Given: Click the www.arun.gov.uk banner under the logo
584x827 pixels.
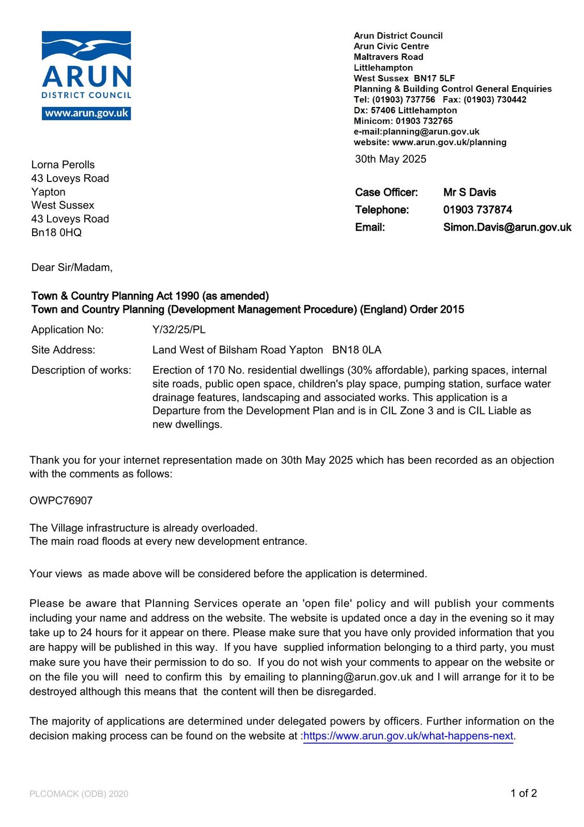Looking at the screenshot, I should click(86, 113).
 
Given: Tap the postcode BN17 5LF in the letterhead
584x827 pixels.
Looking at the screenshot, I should click(434, 78).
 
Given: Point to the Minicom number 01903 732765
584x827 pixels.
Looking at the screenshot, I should click(424, 121).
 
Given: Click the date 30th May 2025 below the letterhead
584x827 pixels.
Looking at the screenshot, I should click(390, 159).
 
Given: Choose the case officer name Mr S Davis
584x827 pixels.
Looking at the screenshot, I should click(469, 192).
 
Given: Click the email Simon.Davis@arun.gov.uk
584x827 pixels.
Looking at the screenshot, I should click(507, 227).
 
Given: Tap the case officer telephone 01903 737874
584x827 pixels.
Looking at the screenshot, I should click(478, 210).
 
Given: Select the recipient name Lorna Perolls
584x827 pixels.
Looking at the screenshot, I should click(63, 165).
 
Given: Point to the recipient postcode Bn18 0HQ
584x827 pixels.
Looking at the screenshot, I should click(56, 233).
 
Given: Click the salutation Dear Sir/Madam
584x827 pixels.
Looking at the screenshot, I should click(71, 267).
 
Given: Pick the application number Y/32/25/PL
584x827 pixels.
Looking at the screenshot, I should click(179, 330).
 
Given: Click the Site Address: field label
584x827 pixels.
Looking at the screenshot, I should click(63, 350).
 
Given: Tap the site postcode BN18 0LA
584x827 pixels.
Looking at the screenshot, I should click(357, 350).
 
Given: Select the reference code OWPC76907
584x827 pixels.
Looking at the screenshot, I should click(61, 501).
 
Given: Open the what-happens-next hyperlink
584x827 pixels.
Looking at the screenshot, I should click(408, 736).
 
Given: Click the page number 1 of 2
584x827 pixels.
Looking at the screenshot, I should click(524, 793).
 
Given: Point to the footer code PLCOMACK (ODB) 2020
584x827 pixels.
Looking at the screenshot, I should click(79, 794).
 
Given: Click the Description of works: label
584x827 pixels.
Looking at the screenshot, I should click(81, 370).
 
